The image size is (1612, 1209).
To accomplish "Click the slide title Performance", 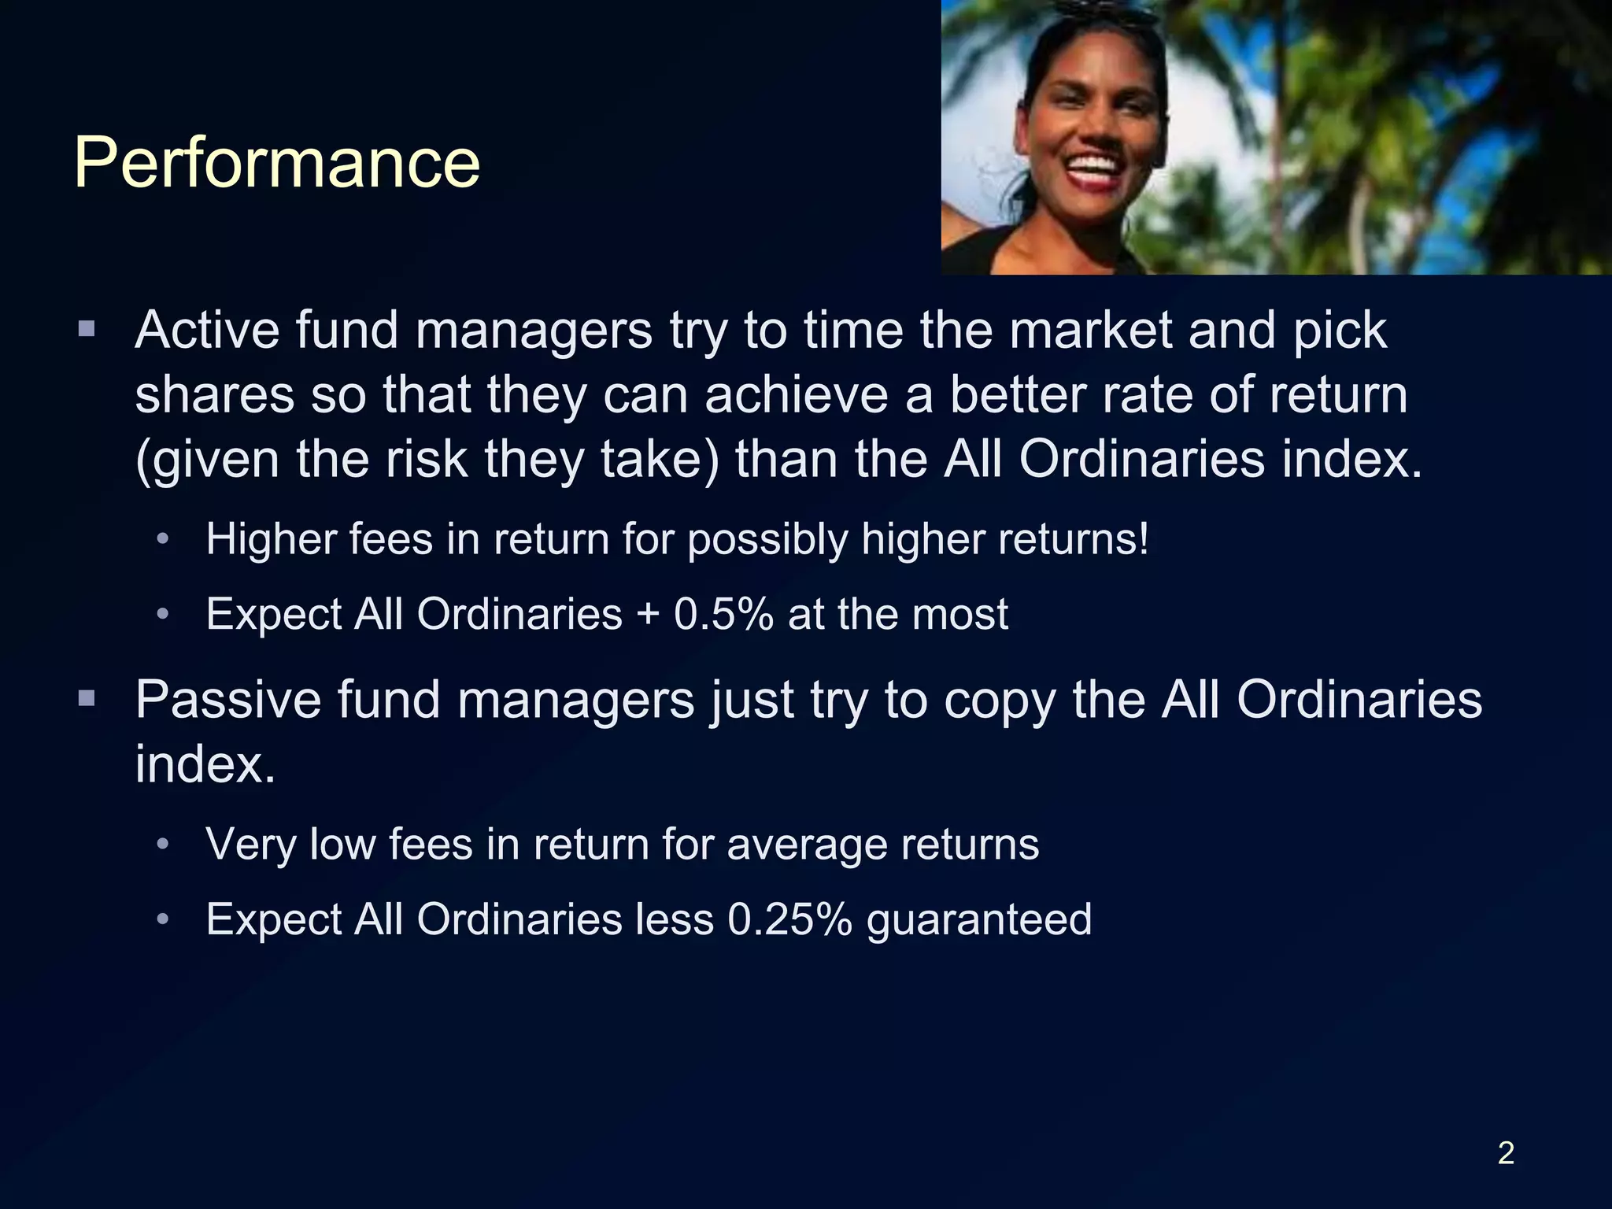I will coord(276,164).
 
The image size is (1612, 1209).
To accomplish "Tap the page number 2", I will coord(1506,1153).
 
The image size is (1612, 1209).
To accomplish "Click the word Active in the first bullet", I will coord(206,330).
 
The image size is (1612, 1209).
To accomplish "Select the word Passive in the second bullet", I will coord(228,699).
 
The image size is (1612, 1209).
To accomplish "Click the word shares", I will coord(213,394).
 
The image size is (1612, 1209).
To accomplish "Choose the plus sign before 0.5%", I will coord(648,615).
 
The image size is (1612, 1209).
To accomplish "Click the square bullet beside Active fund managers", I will coord(87,328).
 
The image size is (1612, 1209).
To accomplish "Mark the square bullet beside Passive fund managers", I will coord(87,697).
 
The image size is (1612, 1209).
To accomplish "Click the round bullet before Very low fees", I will coord(163,845).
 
